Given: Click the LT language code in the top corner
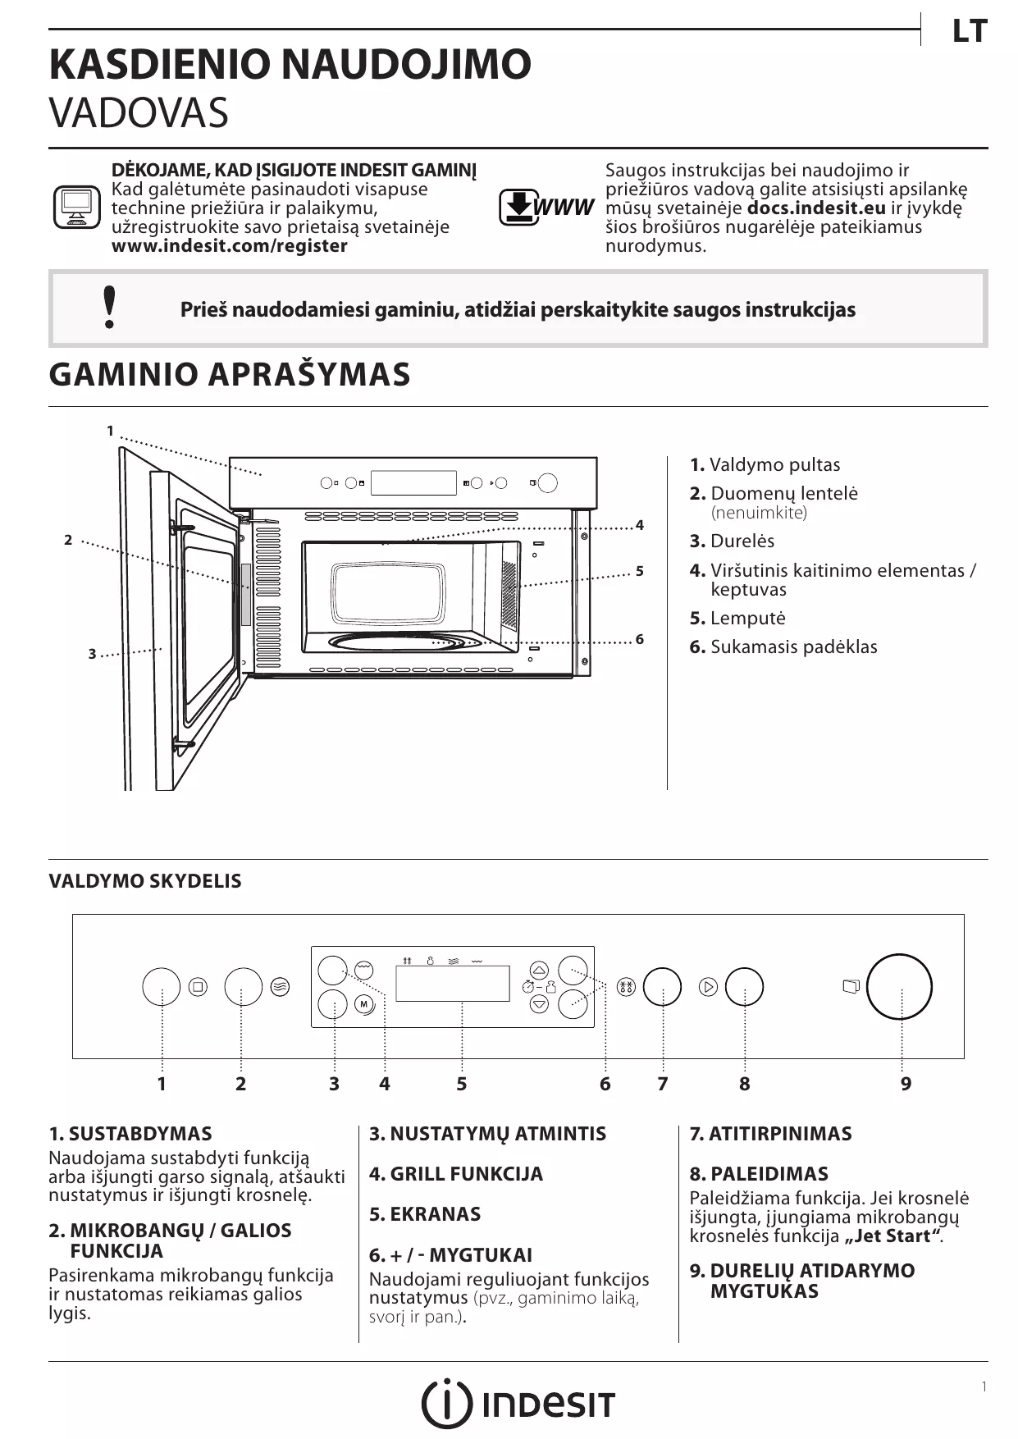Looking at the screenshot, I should tap(969, 32).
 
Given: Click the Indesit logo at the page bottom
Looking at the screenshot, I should tap(518, 1404).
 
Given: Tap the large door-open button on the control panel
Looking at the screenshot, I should tap(899, 986).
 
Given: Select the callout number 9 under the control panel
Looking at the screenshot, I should tap(906, 1084).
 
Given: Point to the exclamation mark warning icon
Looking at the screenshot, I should tap(109, 308).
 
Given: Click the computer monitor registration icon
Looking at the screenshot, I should tap(76, 208).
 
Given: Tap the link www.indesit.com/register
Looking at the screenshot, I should tap(229, 246).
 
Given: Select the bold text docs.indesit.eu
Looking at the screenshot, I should tap(815, 208).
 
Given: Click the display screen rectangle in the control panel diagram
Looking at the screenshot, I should tap(452, 983).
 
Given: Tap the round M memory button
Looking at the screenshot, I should tap(364, 1004).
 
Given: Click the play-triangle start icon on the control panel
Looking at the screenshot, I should tap(709, 987).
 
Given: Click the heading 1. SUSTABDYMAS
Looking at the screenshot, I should tap(130, 1134).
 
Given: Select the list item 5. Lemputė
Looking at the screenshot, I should tap(737, 618).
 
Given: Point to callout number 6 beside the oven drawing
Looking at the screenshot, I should tap(640, 639).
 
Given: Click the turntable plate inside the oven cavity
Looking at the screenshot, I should tap(405, 642).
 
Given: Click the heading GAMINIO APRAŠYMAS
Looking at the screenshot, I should tap(230, 374).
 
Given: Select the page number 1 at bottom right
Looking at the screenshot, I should tap(984, 1386).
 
